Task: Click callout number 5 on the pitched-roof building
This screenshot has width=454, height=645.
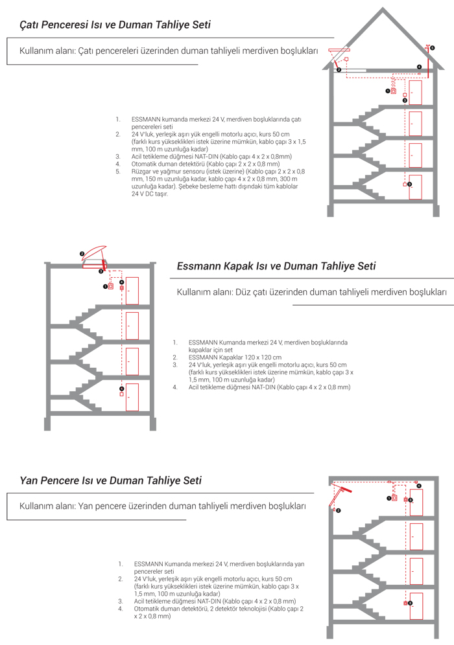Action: point(433,48)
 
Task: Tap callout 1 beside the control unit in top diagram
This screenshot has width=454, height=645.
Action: point(387,91)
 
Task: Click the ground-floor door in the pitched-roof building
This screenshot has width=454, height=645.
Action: point(415,187)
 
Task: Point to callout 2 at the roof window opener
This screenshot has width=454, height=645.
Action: point(339,69)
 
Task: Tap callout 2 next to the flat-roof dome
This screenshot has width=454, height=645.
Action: point(82,253)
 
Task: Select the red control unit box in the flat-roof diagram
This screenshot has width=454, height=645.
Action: point(111,286)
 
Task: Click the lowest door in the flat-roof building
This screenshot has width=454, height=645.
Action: point(132,396)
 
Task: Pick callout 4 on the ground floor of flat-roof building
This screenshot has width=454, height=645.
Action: point(121,389)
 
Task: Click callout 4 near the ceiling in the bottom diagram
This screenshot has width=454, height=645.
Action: point(419,486)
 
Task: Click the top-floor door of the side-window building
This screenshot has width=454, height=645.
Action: point(416,502)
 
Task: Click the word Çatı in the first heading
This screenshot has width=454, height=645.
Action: point(30,25)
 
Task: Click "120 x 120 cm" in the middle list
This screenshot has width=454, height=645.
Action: point(261,357)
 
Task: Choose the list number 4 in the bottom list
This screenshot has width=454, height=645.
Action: point(121,609)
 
